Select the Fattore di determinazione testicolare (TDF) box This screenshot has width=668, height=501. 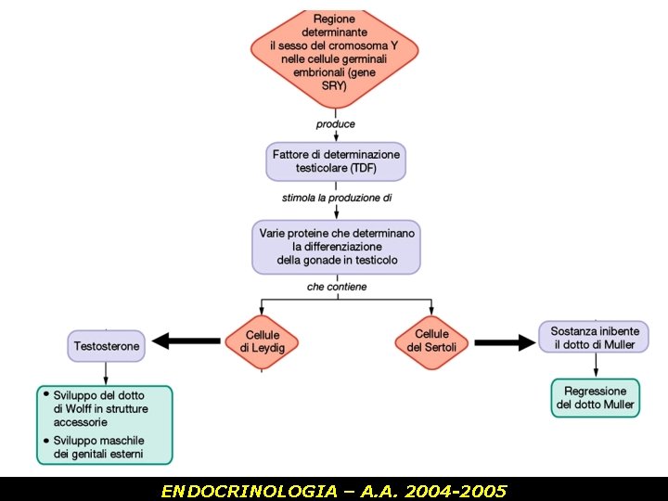point(336,161)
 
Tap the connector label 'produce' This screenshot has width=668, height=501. point(335,123)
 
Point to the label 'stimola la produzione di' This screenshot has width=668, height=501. point(336,198)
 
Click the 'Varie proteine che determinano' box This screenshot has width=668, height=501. point(336,247)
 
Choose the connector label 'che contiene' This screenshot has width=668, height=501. point(337,287)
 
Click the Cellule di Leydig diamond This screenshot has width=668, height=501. point(263,341)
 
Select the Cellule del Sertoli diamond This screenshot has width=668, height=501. point(431,340)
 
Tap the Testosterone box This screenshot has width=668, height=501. point(107,346)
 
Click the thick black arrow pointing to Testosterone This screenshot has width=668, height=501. point(186,341)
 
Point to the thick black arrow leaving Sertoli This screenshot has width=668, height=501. point(506,342)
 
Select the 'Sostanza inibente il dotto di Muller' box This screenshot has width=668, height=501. point(594,338)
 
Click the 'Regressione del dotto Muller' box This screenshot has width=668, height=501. point(595,398)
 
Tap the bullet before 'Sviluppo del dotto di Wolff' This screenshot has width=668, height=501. point(46,393)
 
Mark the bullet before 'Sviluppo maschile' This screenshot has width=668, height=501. point(46,439)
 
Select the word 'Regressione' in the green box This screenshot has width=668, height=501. point(595,392)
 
